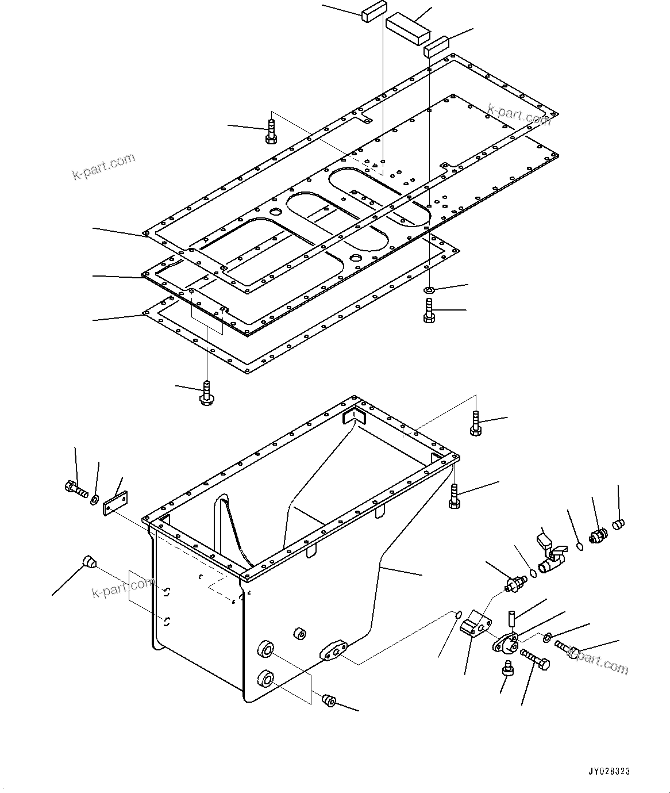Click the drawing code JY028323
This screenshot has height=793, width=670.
click(609, 771)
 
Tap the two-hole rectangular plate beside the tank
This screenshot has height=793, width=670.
click(115, 503)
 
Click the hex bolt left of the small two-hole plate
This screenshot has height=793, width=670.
click(75, 489)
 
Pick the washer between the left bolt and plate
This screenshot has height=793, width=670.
click(94, 498)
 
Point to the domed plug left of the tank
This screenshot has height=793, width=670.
click(89, 561)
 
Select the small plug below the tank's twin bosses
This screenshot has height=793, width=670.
click(329, 701)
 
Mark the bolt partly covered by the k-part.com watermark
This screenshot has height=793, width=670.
click(566, 648)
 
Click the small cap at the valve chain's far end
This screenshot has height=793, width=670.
click(618, 524)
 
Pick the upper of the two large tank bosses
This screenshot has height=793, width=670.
click(265, 651)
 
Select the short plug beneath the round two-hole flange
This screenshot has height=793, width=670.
click(507, 668)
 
